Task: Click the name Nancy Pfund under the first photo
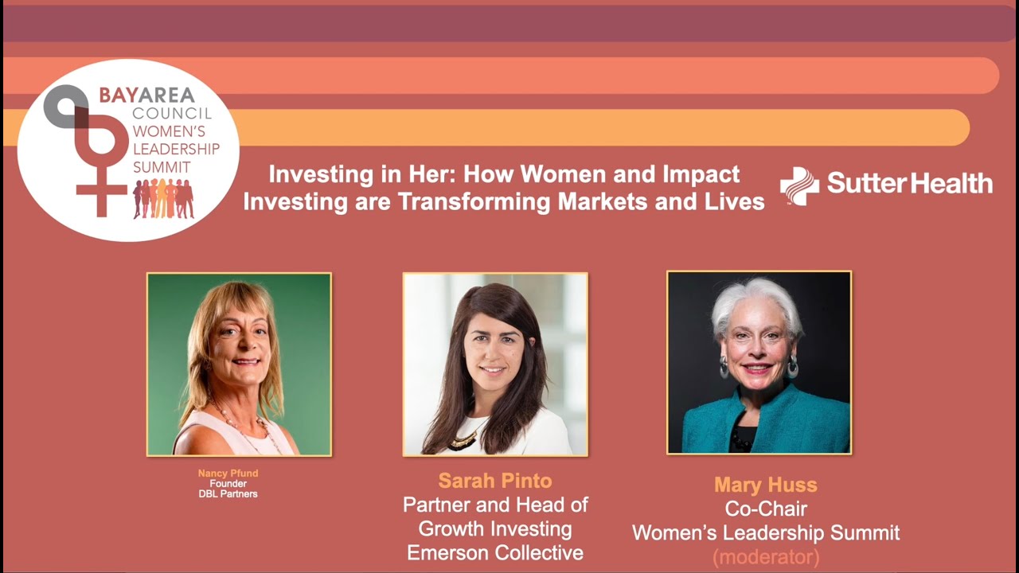point(228,474)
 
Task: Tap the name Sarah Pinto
point(494,481)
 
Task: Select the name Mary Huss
point(765,485)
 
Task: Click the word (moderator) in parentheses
point(765,556)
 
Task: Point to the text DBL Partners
point(228,494)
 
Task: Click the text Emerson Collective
point(494,552)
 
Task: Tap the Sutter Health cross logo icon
point(799,186)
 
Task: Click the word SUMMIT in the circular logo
point(162,167)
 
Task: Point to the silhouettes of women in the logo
point(163,199)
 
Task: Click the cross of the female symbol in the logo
point(101,191)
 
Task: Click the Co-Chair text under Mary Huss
point(765,509)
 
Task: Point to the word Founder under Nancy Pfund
point(228,484)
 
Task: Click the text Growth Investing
point(494,528)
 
